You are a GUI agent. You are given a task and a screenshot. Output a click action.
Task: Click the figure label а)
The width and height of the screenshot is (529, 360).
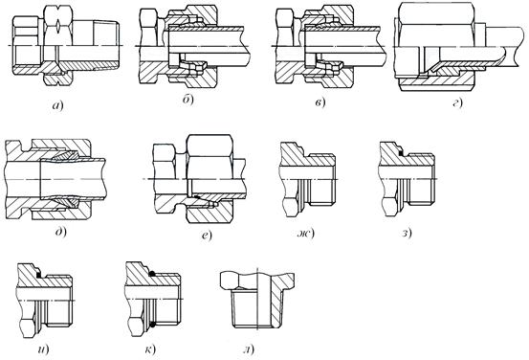click(x=57, y=105)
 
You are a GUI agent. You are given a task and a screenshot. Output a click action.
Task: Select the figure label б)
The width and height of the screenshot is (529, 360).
click(x=188, y=100)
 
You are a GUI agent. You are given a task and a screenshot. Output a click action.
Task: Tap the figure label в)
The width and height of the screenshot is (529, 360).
click(x=320, y=102)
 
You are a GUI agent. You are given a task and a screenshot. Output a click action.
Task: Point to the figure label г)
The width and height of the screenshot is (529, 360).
click(x=457, y=102)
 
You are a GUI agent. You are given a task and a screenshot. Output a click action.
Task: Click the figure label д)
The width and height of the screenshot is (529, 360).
click(x=61, y=232)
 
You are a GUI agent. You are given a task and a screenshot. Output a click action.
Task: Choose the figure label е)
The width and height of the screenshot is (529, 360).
click(x=207, y=235)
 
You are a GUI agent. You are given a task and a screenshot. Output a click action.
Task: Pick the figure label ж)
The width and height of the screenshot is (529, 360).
click(x=305, y=233)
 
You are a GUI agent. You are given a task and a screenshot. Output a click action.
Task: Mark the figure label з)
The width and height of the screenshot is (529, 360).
click(x=407, y=233)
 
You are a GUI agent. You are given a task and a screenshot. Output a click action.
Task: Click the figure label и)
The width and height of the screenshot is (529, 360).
click(x=43, y=349)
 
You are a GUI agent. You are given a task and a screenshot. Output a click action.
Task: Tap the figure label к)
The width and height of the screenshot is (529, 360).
click(x=150, y=349)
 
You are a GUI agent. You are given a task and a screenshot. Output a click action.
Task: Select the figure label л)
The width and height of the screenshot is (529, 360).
click(x=249, y=349)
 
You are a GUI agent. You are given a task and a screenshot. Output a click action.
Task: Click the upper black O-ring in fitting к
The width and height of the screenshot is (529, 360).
click(x=152, y=274)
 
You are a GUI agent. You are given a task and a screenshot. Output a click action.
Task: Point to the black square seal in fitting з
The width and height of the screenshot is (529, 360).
click(x=401, y=153)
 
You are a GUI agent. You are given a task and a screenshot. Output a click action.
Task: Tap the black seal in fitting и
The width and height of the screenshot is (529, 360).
click(x=40, y=276)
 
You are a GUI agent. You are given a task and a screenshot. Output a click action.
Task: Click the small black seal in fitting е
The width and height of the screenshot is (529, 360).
click(x=197, y=196)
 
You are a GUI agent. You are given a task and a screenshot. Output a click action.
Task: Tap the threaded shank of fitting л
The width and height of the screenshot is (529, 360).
click(x=255, y=308)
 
